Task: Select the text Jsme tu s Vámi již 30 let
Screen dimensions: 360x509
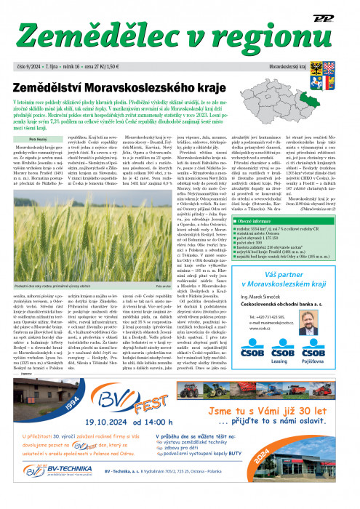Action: [x=278, y=413]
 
